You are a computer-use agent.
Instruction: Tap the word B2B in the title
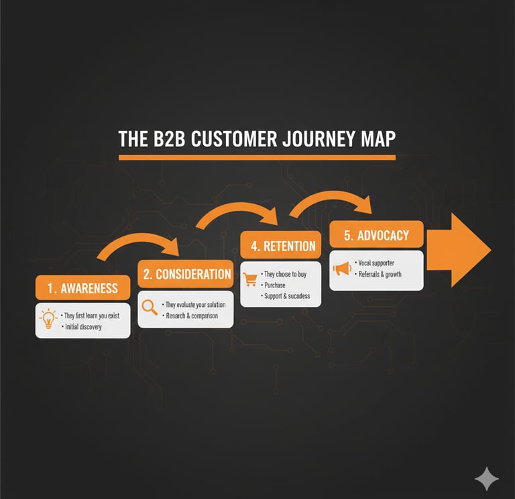163,139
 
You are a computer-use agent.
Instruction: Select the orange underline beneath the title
257,157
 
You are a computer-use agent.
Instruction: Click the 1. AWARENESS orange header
82,288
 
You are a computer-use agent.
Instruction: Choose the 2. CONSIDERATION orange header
185,273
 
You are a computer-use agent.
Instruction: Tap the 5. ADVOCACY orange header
376,236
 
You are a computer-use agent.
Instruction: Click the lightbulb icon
48,320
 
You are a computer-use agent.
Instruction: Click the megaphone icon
342,269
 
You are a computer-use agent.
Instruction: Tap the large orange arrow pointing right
459,249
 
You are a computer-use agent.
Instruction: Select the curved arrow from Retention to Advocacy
331,199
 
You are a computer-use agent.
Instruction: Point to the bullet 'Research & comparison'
191,316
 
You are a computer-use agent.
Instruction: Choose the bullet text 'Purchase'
275,285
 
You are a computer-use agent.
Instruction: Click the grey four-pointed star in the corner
486,480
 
